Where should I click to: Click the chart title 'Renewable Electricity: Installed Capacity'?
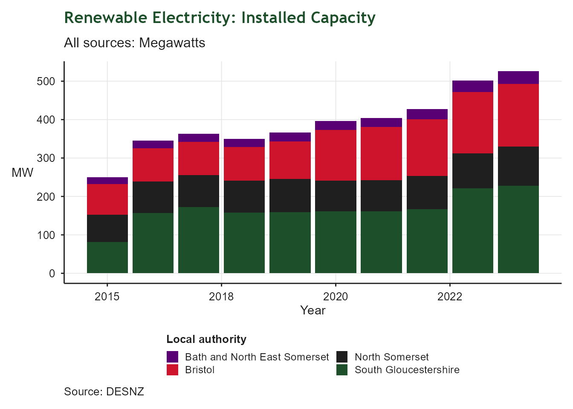(220, 18)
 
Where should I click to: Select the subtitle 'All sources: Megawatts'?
(134, 43)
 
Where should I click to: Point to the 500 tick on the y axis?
(46, 81)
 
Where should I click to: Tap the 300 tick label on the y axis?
(46, 158)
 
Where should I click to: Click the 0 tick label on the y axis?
(52, 274)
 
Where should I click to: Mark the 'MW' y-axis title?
(23, 173)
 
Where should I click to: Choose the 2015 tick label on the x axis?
(107, 297)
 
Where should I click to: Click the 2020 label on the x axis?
(336, 297)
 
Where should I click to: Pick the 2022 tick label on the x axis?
(450, 297)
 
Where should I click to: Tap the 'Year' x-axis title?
(313, 310)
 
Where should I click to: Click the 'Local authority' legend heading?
(206, 339)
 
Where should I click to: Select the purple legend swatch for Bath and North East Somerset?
(172, 357)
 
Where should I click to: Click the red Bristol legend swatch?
(172, 370)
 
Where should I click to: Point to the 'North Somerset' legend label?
(391, 357)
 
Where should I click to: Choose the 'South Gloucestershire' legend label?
(407, 370)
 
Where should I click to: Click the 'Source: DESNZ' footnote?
(104, 392)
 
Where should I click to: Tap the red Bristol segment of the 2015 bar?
(107, 199)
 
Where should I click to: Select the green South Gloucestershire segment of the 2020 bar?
(336, 242)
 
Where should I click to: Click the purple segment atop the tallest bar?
(518, 78)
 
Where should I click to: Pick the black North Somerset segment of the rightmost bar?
(518, 166)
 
